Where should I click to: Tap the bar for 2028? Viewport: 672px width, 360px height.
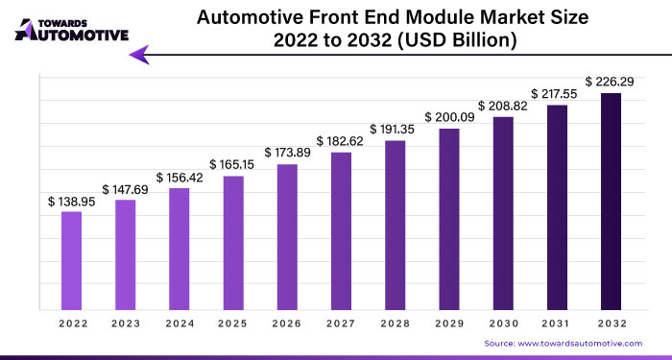(x=395, y=225)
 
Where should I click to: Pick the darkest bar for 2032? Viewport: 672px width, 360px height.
(x=611, y=201)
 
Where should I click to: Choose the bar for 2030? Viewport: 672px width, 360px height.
(x=503, y=212)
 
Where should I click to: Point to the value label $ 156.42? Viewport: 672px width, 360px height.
(x=180, y=178)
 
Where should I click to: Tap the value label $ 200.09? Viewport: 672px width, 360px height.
(x=449, y=118)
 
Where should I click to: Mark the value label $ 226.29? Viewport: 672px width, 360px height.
(x=611, y=83)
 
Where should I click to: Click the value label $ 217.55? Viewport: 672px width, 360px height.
(x=557, y=95)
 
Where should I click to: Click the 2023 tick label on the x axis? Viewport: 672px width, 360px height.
(x=125, y=324)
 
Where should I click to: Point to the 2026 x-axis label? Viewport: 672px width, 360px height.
(x=287, y=324)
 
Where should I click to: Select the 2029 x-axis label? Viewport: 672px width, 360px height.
(x=449, y=324)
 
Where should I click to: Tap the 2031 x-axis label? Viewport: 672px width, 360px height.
(x=557, y=324)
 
